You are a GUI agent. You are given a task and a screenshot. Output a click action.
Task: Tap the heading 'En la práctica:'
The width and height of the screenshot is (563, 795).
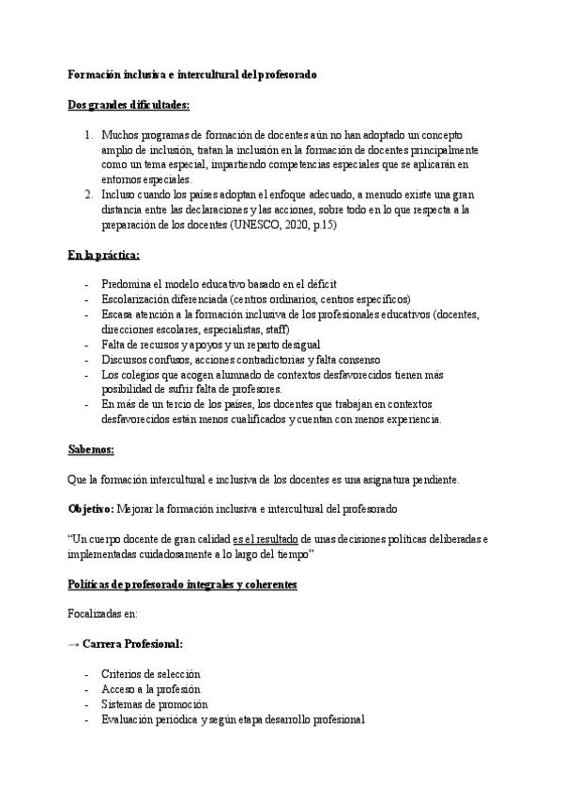[104, 254]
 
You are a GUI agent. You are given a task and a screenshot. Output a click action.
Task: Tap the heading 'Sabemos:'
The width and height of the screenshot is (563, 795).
[91, 449]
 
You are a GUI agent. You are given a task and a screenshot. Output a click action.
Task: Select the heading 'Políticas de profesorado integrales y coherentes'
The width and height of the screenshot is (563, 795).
[182, 584]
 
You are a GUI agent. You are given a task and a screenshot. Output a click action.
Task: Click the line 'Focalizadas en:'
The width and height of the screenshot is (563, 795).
[103, 614]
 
